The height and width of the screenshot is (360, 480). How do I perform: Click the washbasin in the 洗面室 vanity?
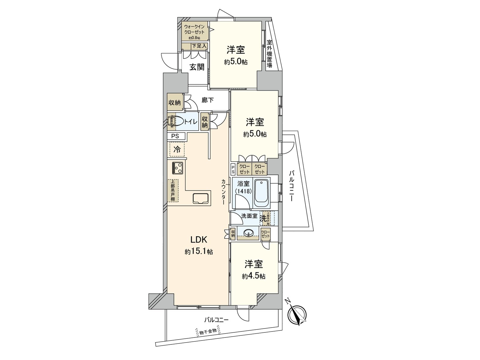pyautogui.click(x=248, y=233)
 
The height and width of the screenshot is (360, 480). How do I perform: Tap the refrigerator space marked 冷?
pyautogui.click(x=177, y=149)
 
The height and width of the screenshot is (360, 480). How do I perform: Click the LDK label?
pyautogui.click(x=199, y=240)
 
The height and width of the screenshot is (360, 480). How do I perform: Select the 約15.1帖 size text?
pyautogui.click(x=199, y=252)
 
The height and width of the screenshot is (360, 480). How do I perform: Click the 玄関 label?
pyautogui.click(x=196, y=67)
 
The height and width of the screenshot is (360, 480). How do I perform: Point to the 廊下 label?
pyautogui.click(x=207, y=100)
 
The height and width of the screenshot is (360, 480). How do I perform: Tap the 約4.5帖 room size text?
pyautogui.click(x=253, y=276)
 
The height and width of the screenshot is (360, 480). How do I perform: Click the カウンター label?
pyautogui.click(x=224, y=192)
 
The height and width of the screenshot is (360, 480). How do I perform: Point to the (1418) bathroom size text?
pyautogui.click(x=243, y=191)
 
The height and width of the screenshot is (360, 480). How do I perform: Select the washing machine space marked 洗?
pyautogui.click(x=263, y=219)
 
